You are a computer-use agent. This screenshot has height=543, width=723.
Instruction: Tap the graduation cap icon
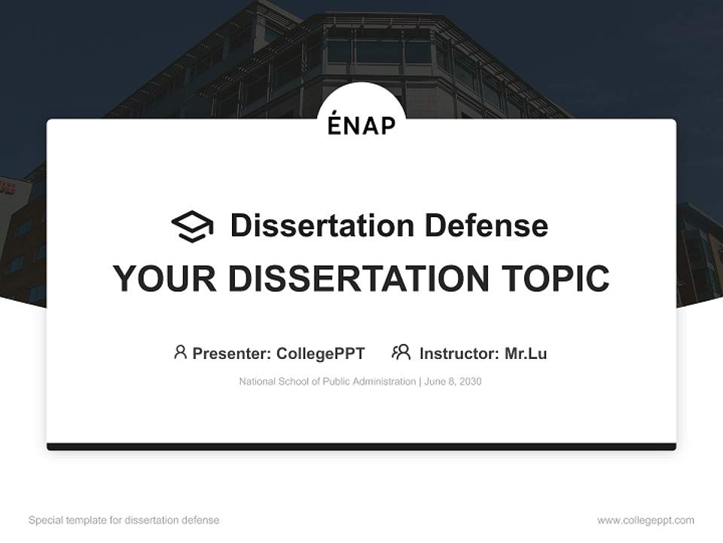[192, 226]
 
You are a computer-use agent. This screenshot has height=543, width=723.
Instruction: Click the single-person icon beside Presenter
[180, 352]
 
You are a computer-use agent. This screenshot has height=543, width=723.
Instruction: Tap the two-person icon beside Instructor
[401, 352]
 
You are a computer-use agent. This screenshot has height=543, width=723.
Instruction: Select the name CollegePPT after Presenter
[320, 353]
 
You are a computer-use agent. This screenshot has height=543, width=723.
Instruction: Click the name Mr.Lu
[526, 353]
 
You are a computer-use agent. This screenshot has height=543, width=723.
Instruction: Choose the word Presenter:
[232, 353]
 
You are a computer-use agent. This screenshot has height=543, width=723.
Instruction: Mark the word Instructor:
[459, 353]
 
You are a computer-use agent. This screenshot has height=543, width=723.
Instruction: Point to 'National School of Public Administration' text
[327, 382]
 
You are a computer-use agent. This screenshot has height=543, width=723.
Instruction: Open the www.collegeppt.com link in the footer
[645, 520]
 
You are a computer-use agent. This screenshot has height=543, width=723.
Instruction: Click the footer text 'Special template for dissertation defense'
[124, 520]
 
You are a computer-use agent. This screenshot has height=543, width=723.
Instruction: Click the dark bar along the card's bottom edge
[361, 446]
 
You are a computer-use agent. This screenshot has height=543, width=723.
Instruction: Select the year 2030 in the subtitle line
[469, 382]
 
